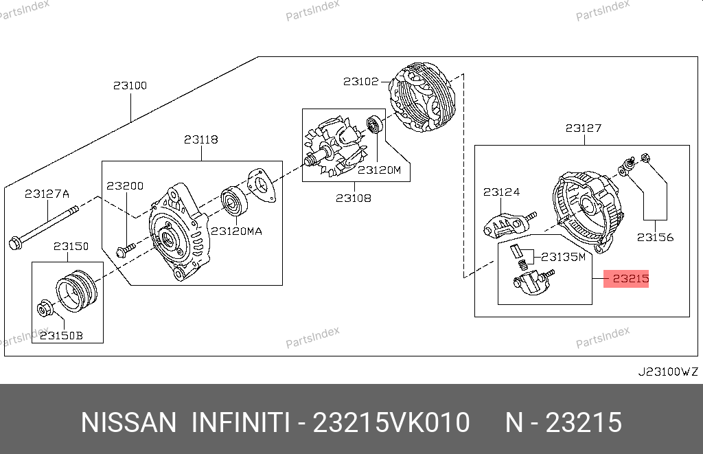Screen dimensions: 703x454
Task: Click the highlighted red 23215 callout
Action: (x=626, y=279)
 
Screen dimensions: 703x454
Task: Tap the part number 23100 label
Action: (x=130, y=85)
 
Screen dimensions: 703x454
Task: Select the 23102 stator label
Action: (x=361, y=81)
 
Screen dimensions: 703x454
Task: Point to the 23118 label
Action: (x=201, y=139)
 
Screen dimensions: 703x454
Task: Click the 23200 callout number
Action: (x=125, y=185)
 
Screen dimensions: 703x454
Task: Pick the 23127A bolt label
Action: (x=47, y=194)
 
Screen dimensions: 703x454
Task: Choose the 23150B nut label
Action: (x=61, y=336)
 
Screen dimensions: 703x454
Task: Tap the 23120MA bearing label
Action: (x=236, y=231)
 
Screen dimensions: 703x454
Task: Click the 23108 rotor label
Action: (x=354, y=198)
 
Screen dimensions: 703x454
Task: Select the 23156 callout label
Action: (x=655, y=238)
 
